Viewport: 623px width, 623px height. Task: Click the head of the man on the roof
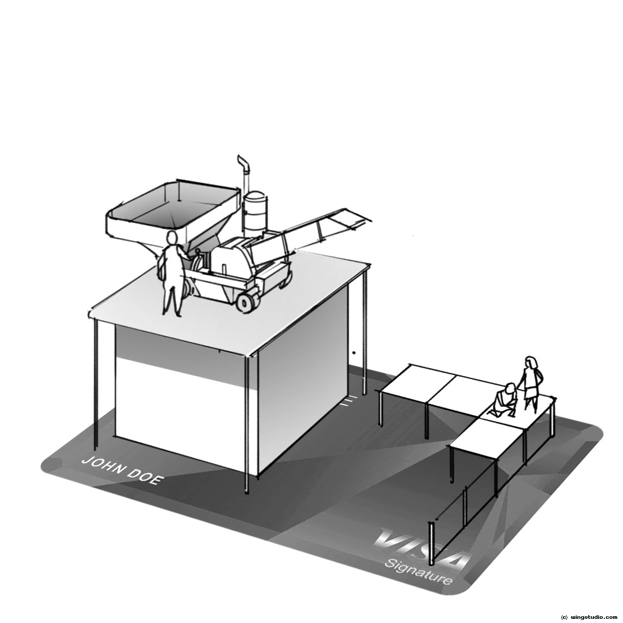[x=172, y=239]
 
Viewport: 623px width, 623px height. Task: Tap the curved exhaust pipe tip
[x=240, y=158]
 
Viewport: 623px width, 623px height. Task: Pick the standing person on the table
[x=532, y=384]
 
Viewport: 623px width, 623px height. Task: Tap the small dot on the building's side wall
[x=355, y=353]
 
